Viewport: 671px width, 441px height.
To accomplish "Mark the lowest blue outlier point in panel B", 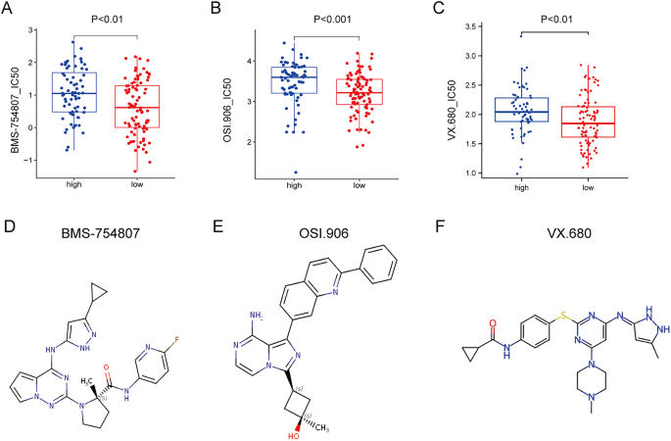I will pyautogui.click(x=295, y=172).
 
